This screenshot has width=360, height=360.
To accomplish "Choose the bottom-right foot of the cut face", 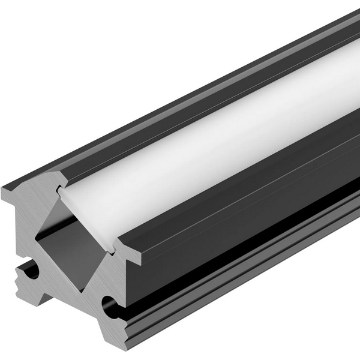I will [x=123, y=351].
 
